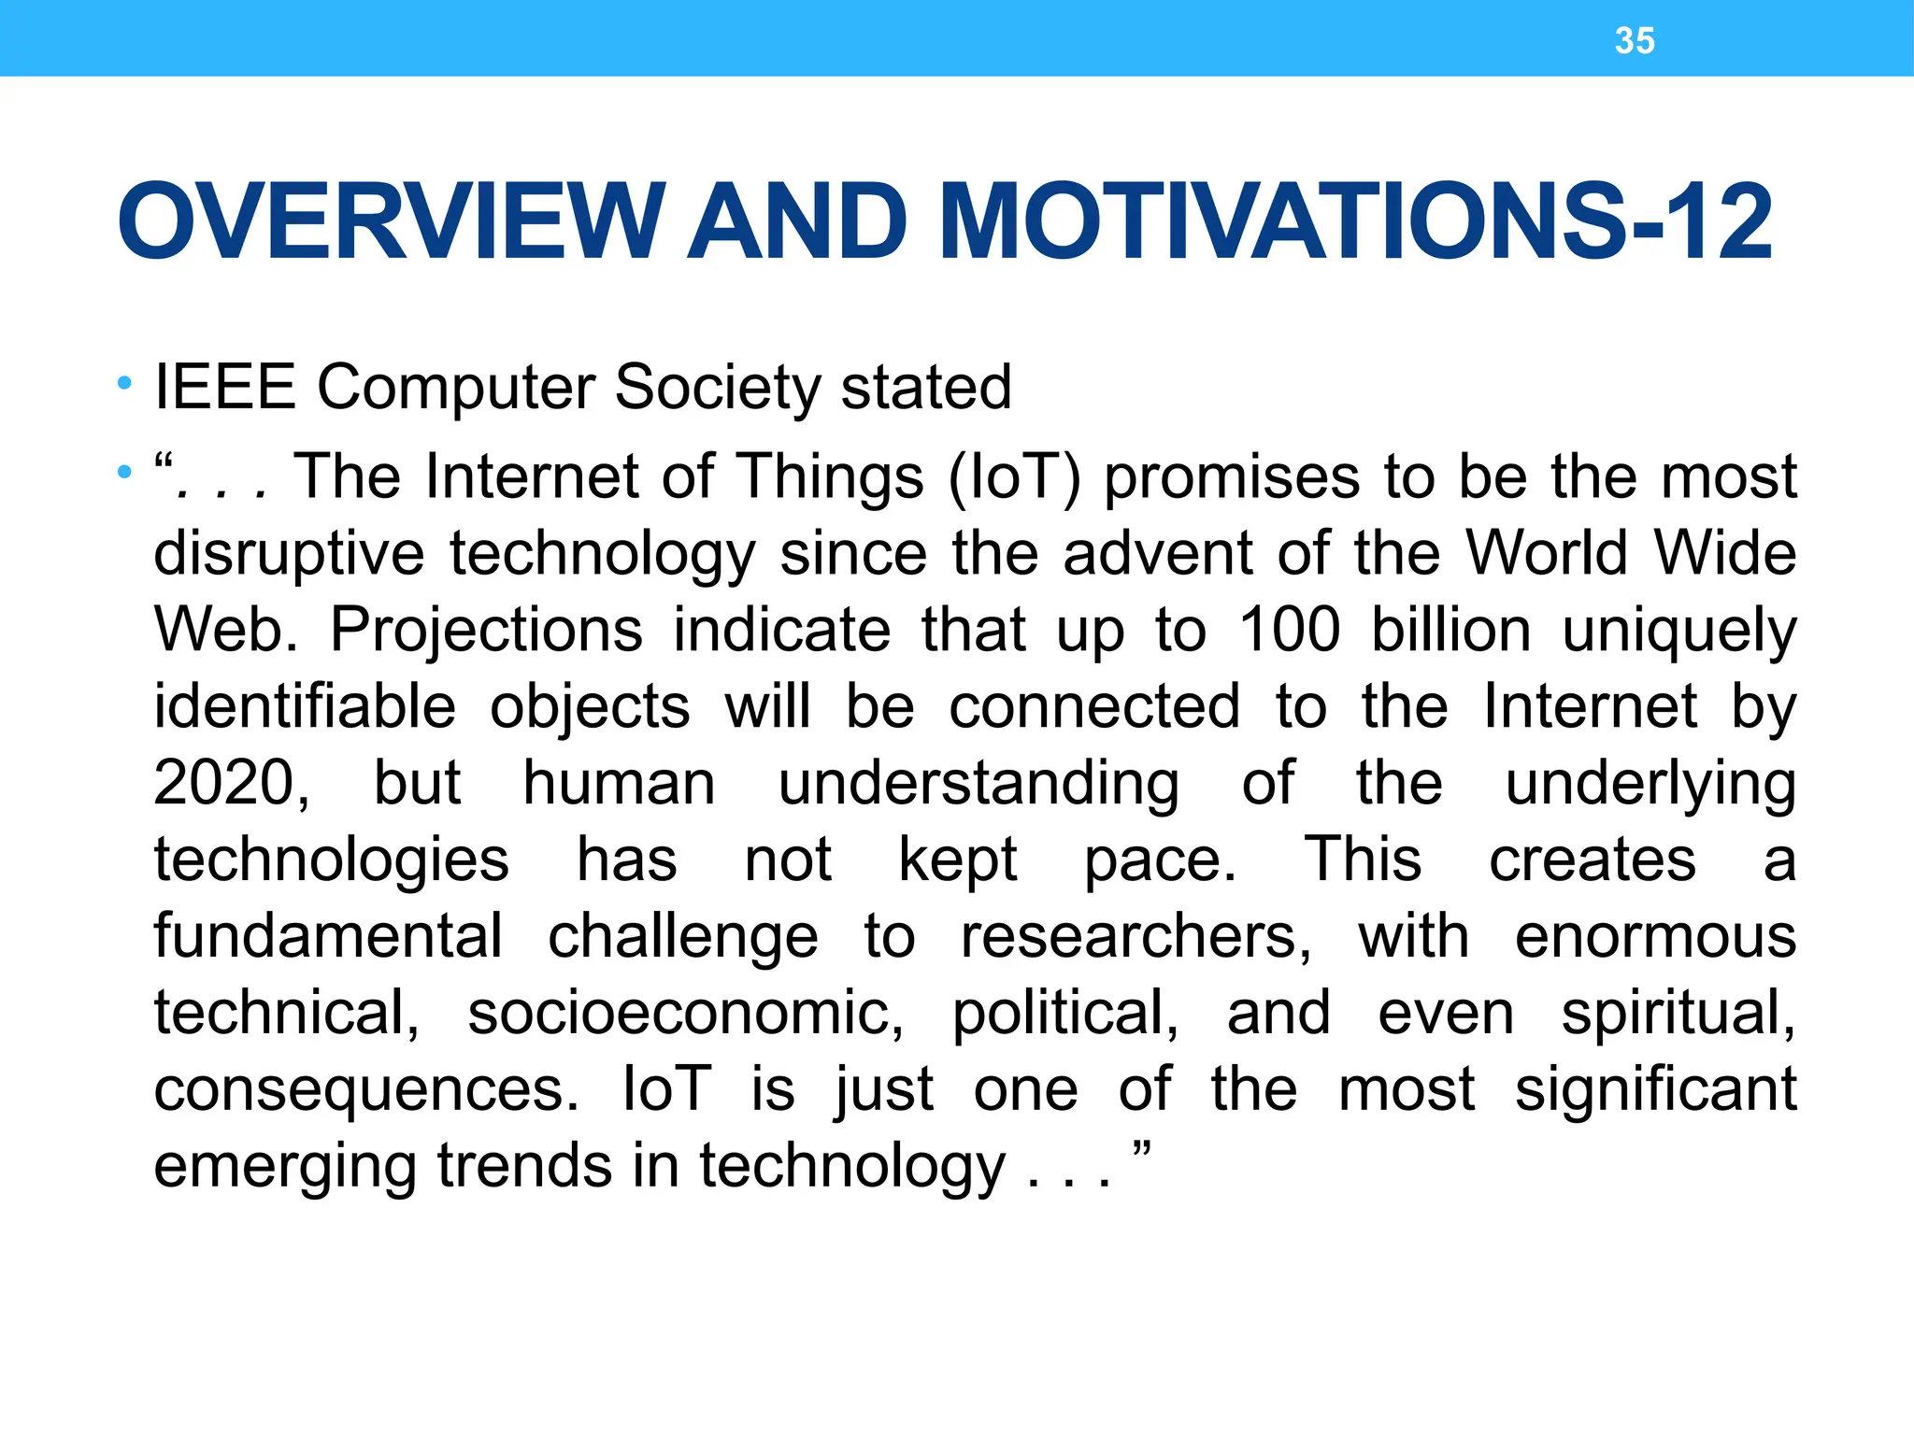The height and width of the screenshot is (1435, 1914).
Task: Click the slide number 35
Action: pos(1635,41)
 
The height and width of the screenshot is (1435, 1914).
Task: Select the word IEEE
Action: pos(225,387)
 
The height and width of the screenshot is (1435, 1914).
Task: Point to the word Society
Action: pos(717,387)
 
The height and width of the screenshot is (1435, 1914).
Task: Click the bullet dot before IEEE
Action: pos(124,383)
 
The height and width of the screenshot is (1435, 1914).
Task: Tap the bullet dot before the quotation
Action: pos(124,473)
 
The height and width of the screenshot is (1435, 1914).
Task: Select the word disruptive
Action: pos(289,553)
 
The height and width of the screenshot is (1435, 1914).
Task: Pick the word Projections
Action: pos(486,630)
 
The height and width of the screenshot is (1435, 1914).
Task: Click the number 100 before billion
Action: pos(1289,630)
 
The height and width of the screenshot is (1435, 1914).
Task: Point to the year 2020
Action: pos(230,783)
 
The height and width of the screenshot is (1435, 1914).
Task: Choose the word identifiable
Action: pos(305,706)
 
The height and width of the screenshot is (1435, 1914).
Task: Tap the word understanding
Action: pos(978,785)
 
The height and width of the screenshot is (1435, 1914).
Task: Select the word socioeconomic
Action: pos(685,1013)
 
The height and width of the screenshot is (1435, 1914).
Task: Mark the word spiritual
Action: pos(1678,1015)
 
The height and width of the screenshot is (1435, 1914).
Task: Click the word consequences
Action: pos(365,1089)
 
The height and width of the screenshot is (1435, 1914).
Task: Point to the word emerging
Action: pos(284,1168)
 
